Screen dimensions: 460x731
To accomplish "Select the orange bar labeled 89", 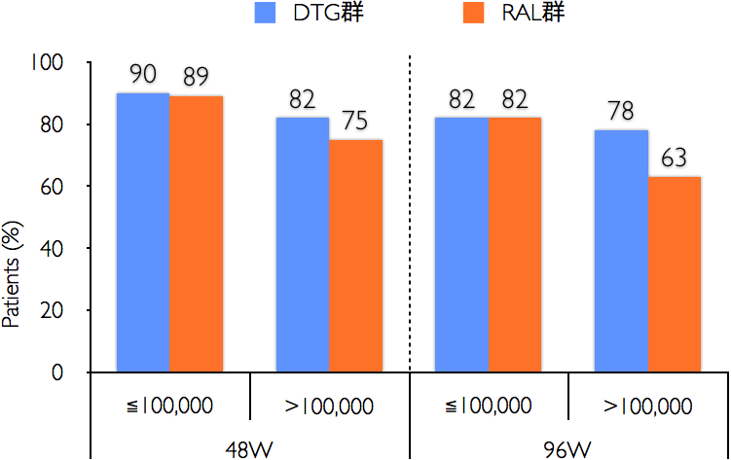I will coord(196,233).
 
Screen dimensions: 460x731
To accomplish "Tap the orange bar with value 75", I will coord(355,255).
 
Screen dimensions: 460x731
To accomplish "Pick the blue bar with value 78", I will coord(621,250).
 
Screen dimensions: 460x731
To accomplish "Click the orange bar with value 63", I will coord(674,273).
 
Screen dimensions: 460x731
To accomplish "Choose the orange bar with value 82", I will coord(514,244).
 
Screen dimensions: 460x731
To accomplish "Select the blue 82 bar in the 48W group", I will coord(302,244).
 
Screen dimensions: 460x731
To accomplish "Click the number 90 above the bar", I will coord(143,75).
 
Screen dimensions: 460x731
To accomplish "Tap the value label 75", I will coord(355,123).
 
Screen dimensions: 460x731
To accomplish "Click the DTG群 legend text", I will coord(327,15).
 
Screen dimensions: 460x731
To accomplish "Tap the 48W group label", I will coord(249,448).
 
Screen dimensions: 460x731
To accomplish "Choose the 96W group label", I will coord(568,448).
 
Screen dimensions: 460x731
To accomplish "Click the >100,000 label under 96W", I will coord(648,405).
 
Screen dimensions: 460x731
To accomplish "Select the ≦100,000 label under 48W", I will coord(170,405).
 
